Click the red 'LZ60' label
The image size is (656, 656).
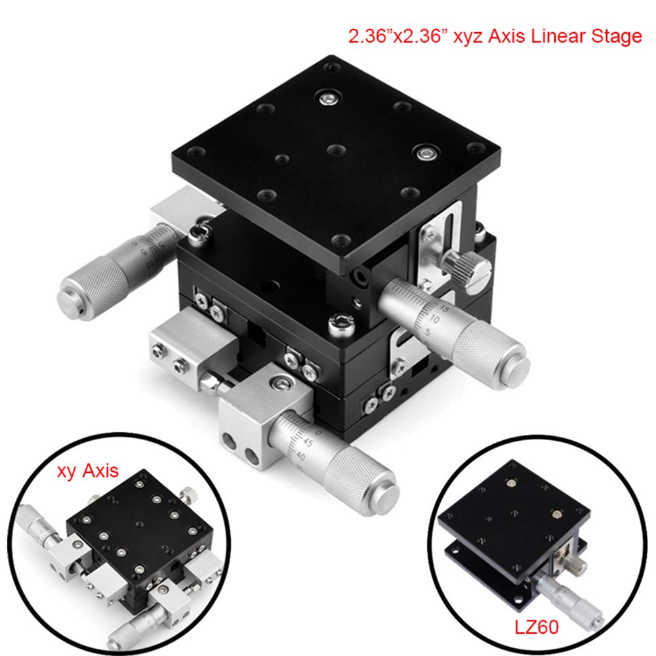coord(537,626)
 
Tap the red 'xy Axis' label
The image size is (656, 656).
coord(87,470)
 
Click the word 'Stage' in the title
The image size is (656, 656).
coord(616,36)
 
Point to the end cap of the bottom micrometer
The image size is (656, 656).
coord(386,497)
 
